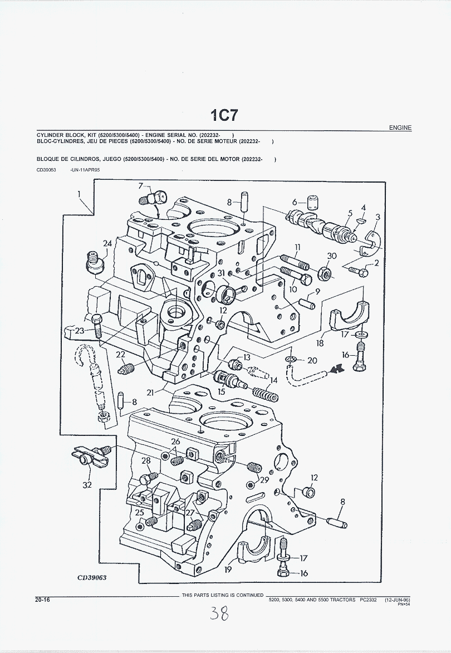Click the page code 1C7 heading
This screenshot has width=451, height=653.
[224, 115]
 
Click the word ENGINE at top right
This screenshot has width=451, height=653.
[400, 128]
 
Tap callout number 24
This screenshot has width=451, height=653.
[107, 243]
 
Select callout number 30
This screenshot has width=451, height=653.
[332, 256]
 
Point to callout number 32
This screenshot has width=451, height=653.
[87, 485]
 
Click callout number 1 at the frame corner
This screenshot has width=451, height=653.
[79, 194]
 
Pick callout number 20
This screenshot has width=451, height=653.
[312, 360]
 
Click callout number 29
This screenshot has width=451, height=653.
[264, 479]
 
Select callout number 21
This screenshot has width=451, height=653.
[150, 392]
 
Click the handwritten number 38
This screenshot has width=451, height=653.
[219, 614]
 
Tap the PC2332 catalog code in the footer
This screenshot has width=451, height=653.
[368, 600]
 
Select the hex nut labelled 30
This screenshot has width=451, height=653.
[325, 273]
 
